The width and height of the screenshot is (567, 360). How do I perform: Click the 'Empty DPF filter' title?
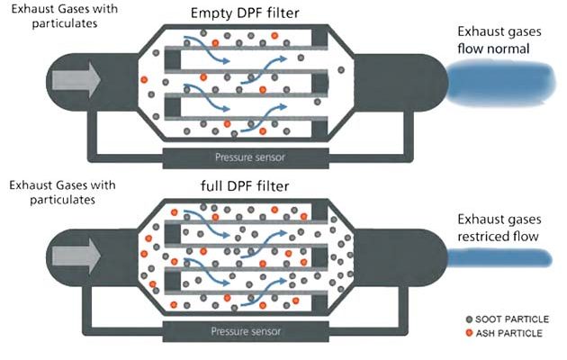tap(245, 13)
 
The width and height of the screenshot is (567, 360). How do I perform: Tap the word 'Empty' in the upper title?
tap(206, 13)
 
